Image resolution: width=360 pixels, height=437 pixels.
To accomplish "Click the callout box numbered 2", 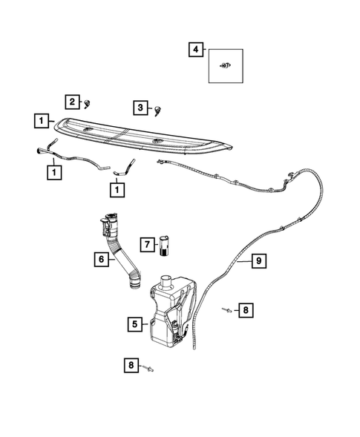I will tap(72, 101).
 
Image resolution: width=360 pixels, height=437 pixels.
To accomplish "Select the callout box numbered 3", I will tap(140, 108).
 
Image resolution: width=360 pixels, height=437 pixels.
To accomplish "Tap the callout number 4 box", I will tap(194, 50).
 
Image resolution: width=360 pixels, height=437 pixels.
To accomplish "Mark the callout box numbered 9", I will tap(258, 260).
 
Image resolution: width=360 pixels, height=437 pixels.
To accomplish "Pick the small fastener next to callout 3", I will tap(158, 110).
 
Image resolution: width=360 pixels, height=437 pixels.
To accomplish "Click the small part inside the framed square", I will tap(224, 68).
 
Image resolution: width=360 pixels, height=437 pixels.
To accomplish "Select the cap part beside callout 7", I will tap(165, 245).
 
